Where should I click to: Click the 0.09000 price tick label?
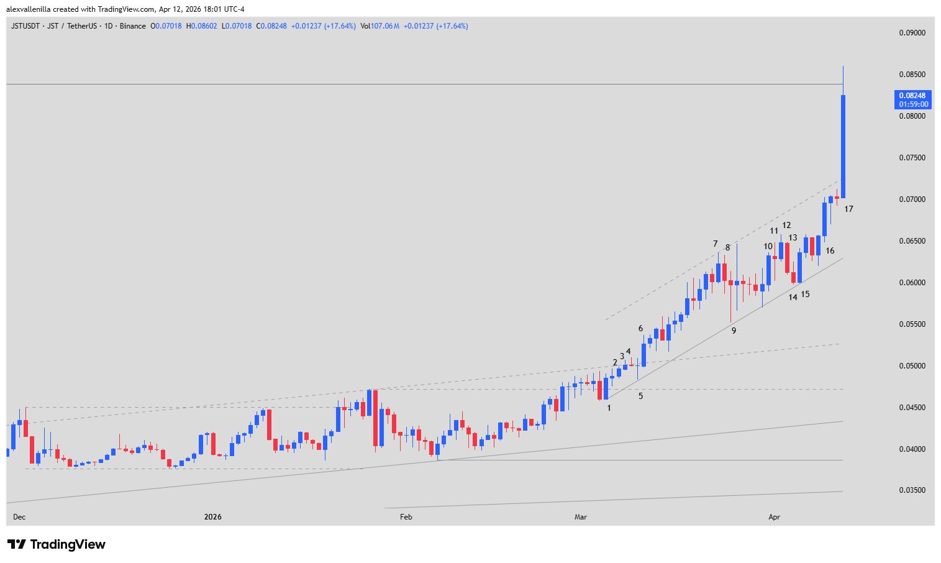tap(912, 33)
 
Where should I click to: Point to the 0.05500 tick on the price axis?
tap(912, 324)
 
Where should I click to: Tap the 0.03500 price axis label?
tap(912, 490)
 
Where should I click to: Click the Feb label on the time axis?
tap(406, 517)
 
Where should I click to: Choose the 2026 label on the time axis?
tap(212, 517)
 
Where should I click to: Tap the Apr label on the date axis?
tap(774, 517)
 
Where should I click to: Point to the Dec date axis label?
tap(19, 517)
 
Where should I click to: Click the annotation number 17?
tap(848, 209)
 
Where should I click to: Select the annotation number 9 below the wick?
tap(734, 331)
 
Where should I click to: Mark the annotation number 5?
tap(640, 396)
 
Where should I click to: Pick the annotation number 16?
tap(830, 251)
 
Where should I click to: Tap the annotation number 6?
tap(640, 329)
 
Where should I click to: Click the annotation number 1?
tap(609, 408)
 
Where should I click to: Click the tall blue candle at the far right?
tap(843, 147)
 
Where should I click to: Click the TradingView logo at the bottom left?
tap(57, 544)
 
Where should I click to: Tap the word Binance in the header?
tap(133, 26)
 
